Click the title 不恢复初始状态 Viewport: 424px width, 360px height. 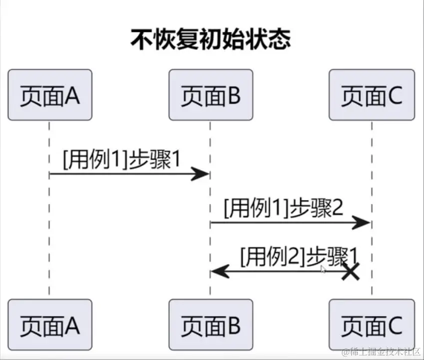pos(210,39)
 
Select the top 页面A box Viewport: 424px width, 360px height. pos(50,95)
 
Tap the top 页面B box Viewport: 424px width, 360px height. pos(210,95)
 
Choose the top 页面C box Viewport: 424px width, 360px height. pos(372,95)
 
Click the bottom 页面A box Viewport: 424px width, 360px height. pos(50,324)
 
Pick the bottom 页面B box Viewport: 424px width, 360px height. pos(210,324)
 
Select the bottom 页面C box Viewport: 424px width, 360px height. pos(372,324)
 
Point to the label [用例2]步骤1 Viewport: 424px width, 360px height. pos(299,256)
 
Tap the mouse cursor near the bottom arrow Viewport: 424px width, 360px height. pos(323,269)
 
